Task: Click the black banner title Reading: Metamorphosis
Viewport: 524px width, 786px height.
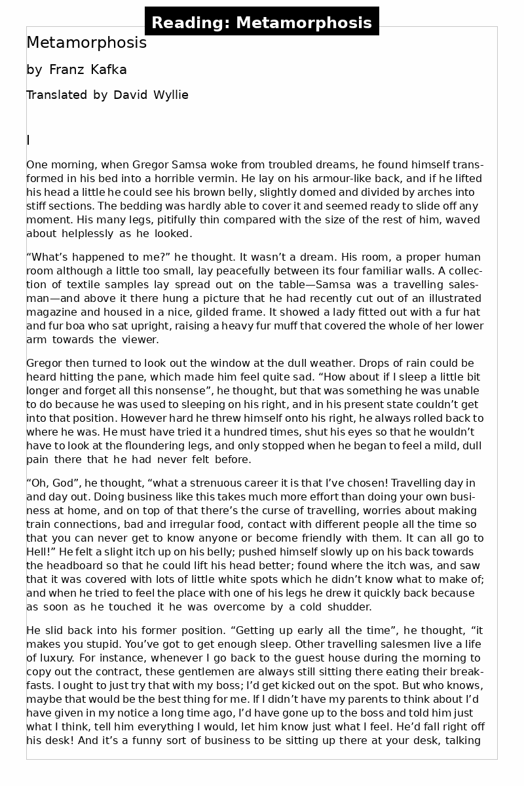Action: (x=261, y=23)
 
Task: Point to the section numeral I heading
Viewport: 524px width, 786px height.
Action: (x=28, y=140)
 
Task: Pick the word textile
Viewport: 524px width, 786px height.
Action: (x=67, y=284)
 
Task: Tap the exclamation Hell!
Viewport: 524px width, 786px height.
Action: (x=41, y=552)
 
